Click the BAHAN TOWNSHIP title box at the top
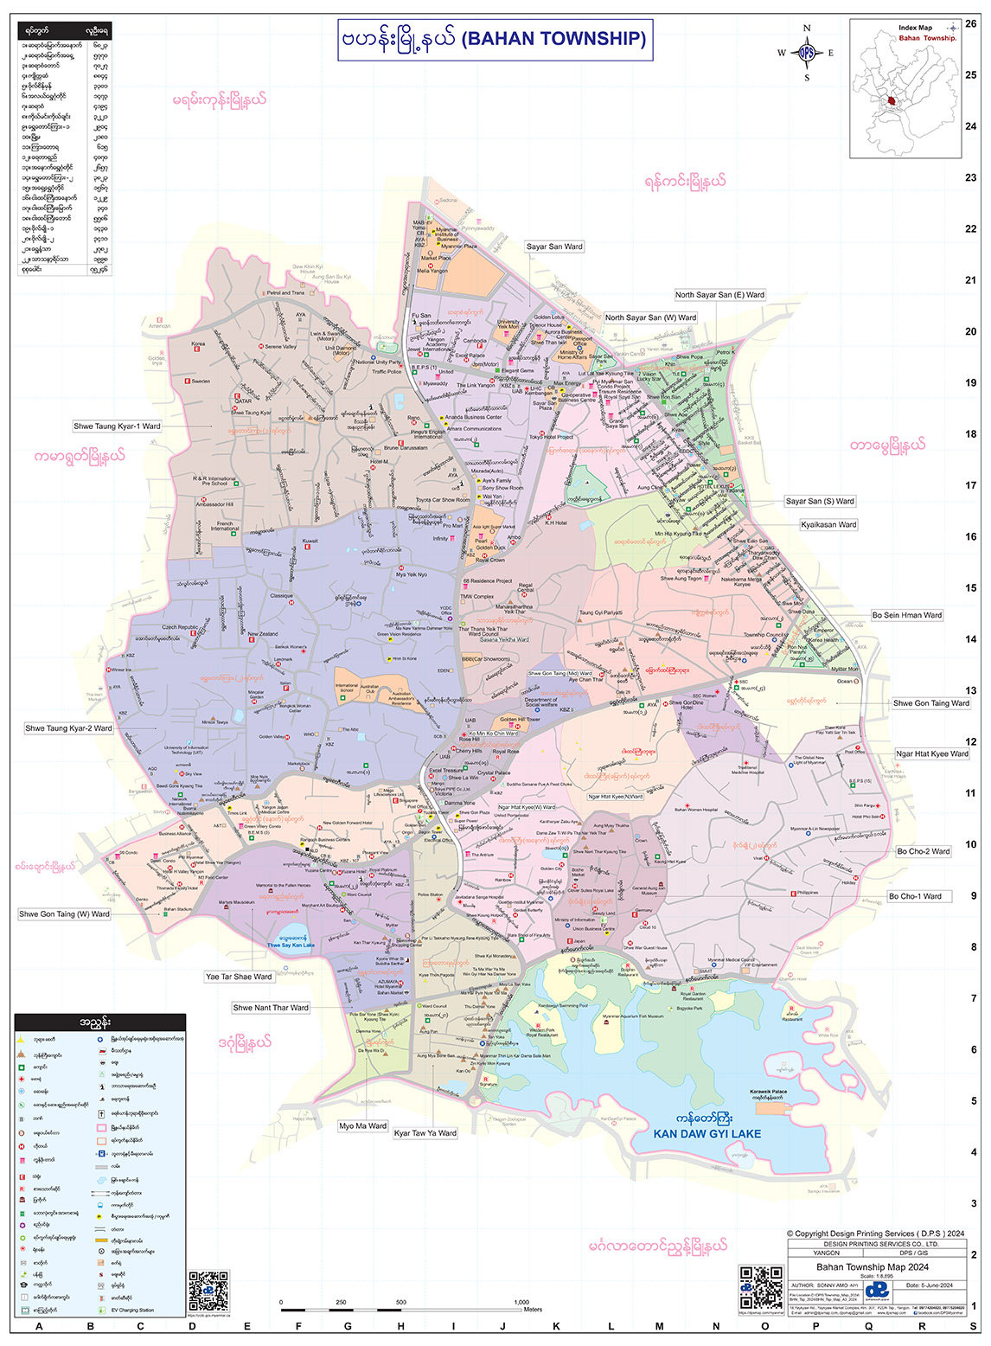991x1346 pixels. (495, 40)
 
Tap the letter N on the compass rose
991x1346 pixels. (807, 29)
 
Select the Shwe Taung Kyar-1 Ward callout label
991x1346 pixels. (117, 426)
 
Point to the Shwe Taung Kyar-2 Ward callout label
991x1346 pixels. (68, 728)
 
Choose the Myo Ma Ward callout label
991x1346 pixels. (362, 1126)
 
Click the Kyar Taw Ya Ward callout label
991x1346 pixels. (425, 1133)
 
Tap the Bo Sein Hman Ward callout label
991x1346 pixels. (906, 615)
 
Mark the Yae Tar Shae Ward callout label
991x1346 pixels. (239, 977)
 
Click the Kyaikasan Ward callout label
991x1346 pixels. (828, 524)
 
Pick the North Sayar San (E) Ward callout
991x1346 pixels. (719, 295)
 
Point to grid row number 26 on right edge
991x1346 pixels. (971, 24)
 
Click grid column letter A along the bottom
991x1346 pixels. (38, 1326)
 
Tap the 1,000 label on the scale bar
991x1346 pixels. (521, 1302)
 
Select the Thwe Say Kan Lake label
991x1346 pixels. (291, 945)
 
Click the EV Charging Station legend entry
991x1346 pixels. (132, 1311)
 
